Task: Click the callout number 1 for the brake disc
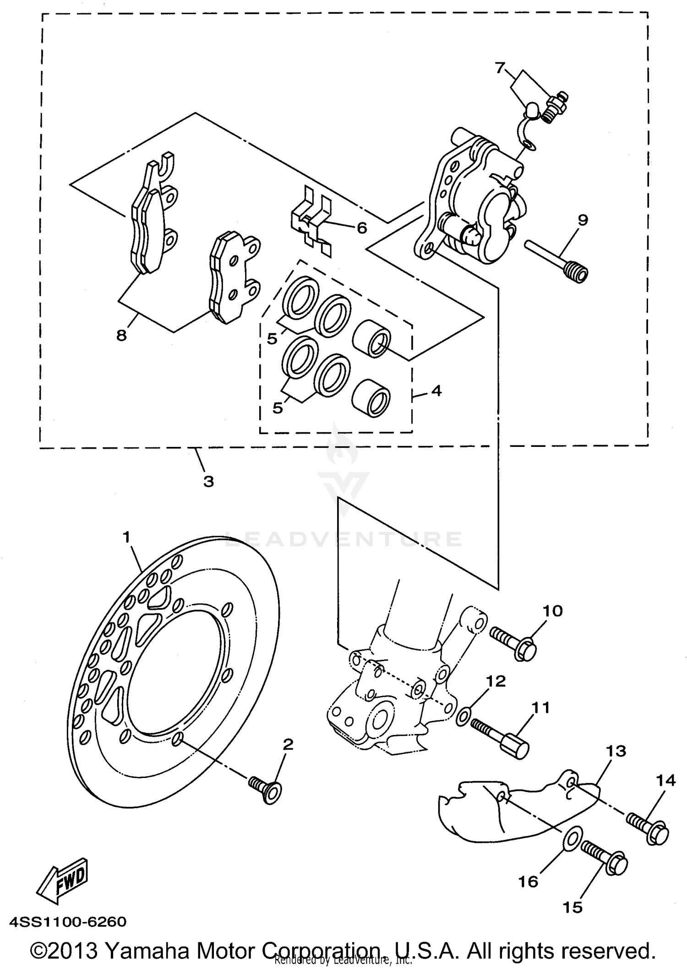127,537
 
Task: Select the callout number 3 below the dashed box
208,481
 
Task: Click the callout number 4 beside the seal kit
436,391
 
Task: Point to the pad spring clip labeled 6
311,220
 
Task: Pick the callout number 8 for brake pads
121,336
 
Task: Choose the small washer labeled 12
464,716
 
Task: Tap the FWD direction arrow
64,880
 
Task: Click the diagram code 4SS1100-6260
67,921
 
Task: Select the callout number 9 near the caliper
582,220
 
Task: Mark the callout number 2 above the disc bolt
288,745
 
